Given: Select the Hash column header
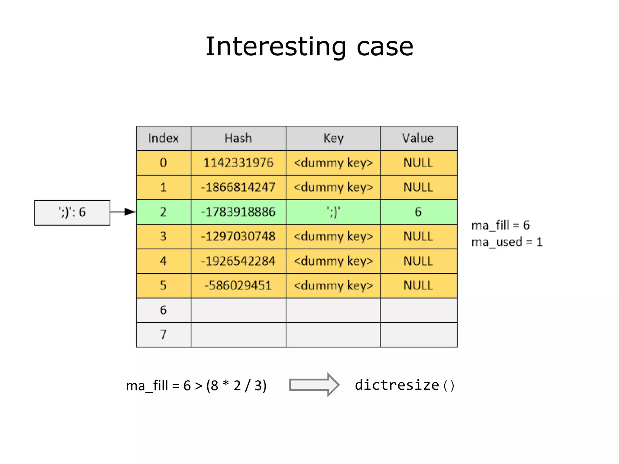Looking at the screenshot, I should coord(238,138).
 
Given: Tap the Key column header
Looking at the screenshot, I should coord(333,138).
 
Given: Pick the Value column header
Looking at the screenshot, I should coord(418,138).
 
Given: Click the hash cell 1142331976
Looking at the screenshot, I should coord(238,163).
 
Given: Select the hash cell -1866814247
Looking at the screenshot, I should coord(238,187).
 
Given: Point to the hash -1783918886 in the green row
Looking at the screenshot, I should coord(238,212).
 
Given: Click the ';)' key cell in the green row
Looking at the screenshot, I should coord(333,212).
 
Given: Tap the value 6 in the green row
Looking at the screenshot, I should coord(418,212).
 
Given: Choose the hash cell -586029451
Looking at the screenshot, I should coord(238,285).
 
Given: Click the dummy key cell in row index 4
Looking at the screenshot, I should coord(333,261).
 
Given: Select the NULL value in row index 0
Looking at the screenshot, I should coord(418,163).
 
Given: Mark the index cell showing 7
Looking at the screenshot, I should coord(163,335).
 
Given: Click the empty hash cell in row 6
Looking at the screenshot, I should coord(238,310).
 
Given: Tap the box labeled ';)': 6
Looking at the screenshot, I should coord(72,212).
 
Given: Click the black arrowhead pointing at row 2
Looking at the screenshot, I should coord(130,212).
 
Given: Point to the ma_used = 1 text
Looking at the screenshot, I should coord(507,242).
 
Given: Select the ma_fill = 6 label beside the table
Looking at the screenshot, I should coord(500,225).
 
